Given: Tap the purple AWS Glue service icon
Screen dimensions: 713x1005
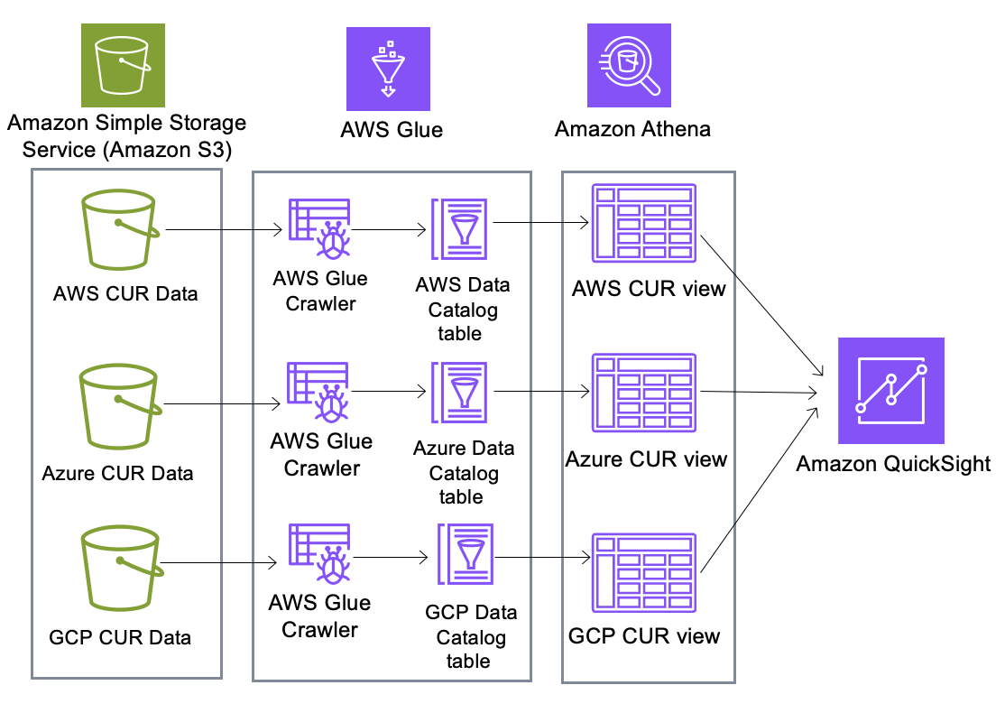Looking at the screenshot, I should tap(388, 69).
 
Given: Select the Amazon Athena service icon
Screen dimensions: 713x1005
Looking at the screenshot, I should tap(629, 65).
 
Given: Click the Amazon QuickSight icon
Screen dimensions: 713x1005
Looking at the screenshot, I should tap(890, 391).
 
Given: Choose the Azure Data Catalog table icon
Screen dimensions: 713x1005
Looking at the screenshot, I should tap(460, 394).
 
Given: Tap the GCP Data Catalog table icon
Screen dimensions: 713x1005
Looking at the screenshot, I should tap(466, 557).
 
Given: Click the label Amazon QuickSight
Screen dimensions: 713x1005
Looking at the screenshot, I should tap(893, 464).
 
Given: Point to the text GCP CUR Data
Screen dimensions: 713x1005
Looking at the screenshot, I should tap(120, 637).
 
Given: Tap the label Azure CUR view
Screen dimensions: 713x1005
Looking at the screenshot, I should tap(646, 459).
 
